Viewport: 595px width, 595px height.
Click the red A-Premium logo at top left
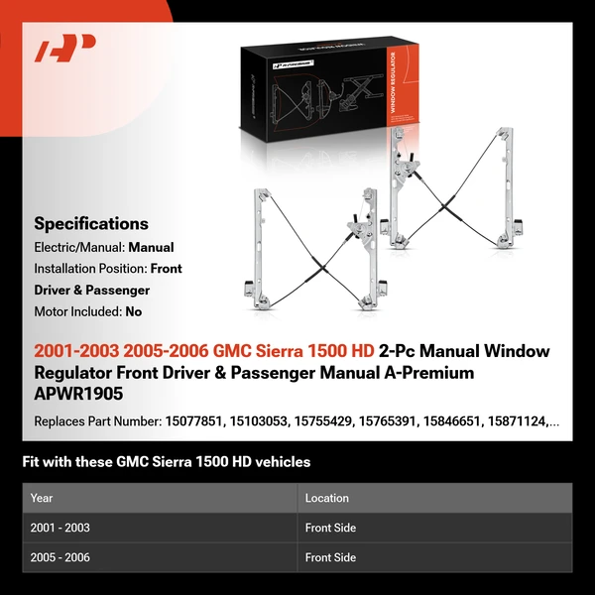click(65, 49)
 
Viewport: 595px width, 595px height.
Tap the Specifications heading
click(91, 224)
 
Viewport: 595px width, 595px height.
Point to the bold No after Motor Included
click(134, 310)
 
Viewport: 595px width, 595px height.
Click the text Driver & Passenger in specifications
click(92, 291)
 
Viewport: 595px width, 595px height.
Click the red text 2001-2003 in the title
click(78, 351)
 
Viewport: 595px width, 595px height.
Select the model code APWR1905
click(77, 394)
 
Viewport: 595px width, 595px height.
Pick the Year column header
click(42, 498)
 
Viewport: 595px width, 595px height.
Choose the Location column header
click(327, 498)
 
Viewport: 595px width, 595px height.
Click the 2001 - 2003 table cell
click(60, 528)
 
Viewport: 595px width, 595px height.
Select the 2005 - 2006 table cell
click(60, 557)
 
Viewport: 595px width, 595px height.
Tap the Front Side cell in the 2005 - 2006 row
click(330, 557)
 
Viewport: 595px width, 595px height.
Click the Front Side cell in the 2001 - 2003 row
click(330, 528)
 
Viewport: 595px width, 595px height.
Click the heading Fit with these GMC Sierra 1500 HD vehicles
click(167, 461)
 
